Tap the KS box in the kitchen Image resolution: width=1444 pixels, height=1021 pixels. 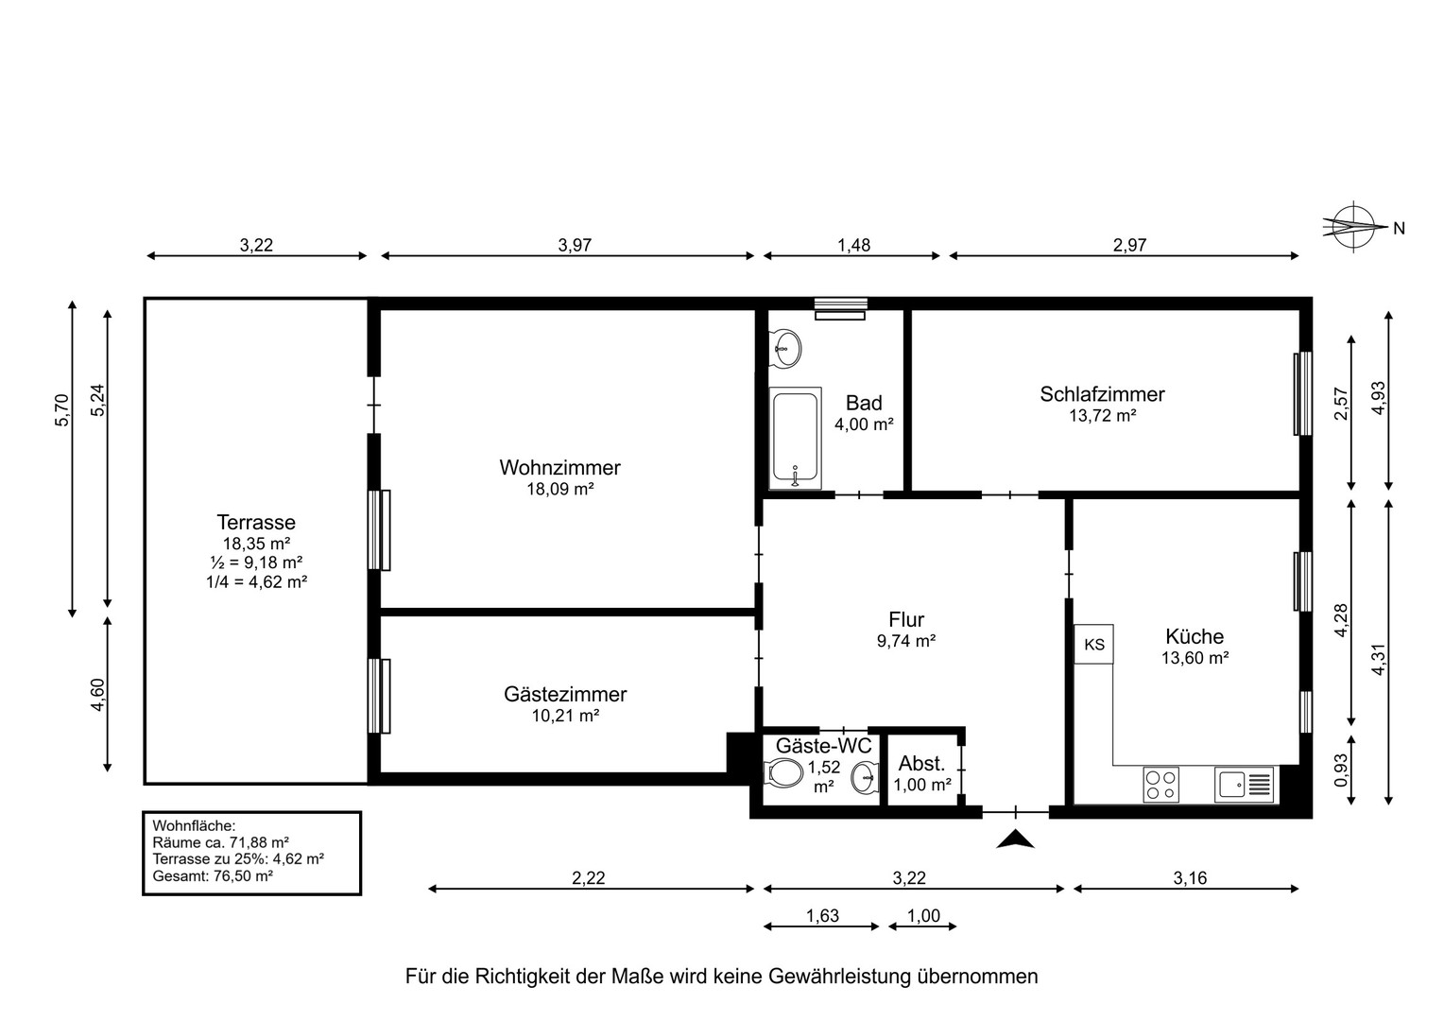tap(1094, 644)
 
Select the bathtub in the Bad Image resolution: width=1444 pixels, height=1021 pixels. tap(794, 438)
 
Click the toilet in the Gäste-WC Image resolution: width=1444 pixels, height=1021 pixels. tap(783, 775)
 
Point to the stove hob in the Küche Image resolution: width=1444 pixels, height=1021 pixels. tap(1160, 785)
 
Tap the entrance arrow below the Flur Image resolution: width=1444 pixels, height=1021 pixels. tap(1016, 839)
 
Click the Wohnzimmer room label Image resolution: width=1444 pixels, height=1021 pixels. tap(559, 467)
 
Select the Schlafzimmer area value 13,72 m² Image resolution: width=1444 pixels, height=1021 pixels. tap(1102, 415)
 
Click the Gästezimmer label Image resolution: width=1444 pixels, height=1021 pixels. tap(565, 694)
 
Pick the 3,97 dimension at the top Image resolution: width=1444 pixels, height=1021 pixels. tap(575, 245)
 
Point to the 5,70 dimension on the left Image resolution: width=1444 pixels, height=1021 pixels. tap(62, 409)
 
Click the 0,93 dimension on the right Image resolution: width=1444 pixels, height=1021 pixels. tap(1340, 770)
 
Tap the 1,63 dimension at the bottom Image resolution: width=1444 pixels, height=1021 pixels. tap(822, 915)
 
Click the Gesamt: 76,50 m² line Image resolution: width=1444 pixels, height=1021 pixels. tap(213, 876)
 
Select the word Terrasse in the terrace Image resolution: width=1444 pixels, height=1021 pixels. tap(256, 522)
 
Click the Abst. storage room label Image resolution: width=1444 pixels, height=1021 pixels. tap(921, 764)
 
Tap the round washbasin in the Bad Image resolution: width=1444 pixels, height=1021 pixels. tap(784, 348)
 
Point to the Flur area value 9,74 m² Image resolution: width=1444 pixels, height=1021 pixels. tap(906, 640)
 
